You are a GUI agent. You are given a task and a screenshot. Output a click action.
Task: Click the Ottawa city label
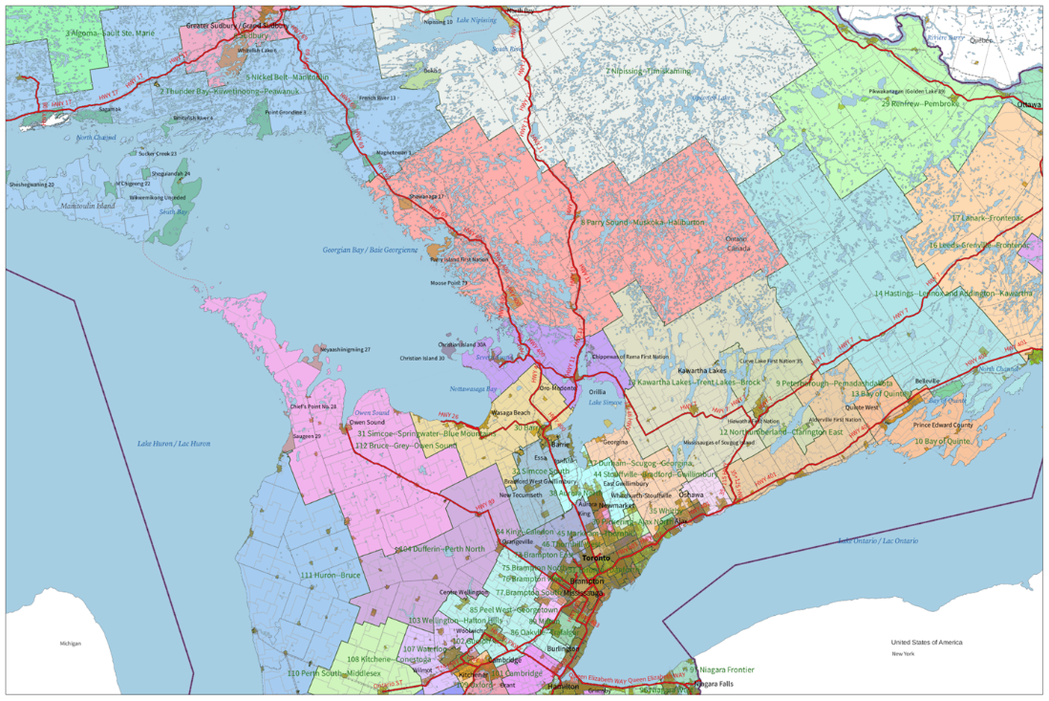pos(1028,103)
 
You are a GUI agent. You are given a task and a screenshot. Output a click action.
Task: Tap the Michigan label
pos(70,644)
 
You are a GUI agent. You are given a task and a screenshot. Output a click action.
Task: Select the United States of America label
pos(927,643)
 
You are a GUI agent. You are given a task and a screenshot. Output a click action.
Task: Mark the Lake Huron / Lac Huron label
pos(174,444)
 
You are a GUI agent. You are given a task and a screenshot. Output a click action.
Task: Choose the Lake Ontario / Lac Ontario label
pos(878,541)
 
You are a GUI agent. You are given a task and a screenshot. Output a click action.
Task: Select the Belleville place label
pos(928,381)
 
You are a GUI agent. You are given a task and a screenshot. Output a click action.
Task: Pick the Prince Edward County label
pos(943,425)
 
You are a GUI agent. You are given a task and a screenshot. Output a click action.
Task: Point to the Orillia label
pos(597,392)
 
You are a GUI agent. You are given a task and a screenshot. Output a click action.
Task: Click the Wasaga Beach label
pos(509,412)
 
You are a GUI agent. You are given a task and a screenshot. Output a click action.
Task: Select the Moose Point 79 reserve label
pos(449,283)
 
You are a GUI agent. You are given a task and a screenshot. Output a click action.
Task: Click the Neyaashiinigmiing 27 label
pos(345,350)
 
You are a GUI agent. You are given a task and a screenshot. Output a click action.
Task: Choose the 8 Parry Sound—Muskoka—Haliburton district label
pos(642,222)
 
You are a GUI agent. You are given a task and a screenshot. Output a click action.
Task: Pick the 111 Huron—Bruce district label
pos(331,575)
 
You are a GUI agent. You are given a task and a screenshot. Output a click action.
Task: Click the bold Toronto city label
pos(596,558)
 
